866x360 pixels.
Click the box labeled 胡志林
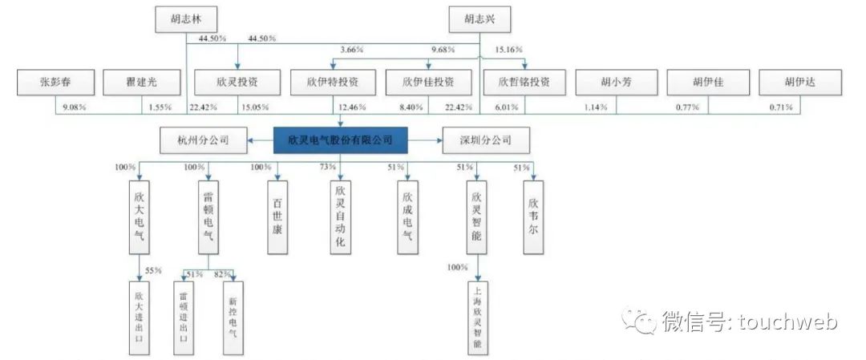click(x=186, y=20)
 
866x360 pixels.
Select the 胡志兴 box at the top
click(x=480, y=20)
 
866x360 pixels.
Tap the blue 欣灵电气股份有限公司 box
click(x=340, y=140)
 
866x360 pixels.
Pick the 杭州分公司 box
click(x=203, y=140)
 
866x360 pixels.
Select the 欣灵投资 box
click(x=238, y=83)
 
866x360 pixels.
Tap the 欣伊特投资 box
click(x=332, y=83)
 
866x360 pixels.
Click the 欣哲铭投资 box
click(x=524, y=83)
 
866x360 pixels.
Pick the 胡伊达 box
click(x=800, y=83)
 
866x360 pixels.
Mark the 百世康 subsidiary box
click(x=277, y=217)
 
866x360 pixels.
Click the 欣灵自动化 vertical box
click(x=340, y=217)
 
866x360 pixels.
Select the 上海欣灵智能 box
click(x=478, y=318)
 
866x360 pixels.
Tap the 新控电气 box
click(x=233, y=318)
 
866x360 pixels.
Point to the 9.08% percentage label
click(x=75, y=107)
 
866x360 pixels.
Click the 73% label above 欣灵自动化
click(x=327, y=167)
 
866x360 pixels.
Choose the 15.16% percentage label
click(x=508, y=49)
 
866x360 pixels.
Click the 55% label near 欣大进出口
click(x=153, y=270)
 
